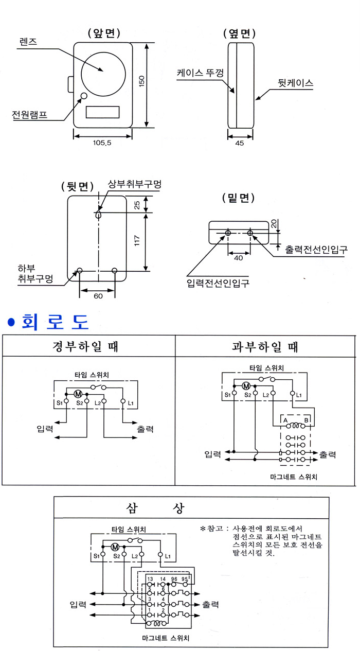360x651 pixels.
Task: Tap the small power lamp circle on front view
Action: pyautogui.click(x=83, y=96)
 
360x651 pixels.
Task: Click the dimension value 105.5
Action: pyautogui.click(x=102, y=143)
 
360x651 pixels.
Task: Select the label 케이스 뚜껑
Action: pyautogui.click(x=200, y=74)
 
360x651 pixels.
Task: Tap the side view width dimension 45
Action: pyautogui.click(x=240, y=144)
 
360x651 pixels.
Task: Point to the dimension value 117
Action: pyautogui.click(x=137, y=241)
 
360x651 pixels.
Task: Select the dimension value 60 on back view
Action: pyautogui.click(x=97, y=296)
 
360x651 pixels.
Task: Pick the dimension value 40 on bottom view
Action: pyautogui.click(x=239, y=258)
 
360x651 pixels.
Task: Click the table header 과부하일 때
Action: pyautogui.click(x=265, y=346)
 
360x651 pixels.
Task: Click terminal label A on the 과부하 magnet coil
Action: pyautogui.click(x=285, y=419)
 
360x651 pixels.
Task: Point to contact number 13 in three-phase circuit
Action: pyautogui.click(x=150, y=579)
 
